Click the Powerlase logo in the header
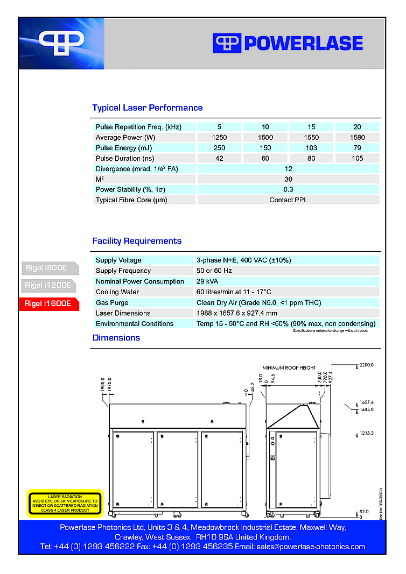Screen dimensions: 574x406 [288, 43]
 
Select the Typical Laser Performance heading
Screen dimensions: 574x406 [147, 108]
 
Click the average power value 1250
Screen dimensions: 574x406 [219, 137]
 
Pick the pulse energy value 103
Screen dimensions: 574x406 [311, 148]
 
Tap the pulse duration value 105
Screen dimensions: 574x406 [358, 158]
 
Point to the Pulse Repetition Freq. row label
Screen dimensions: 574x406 [138, 127]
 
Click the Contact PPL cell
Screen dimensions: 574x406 [288, 200]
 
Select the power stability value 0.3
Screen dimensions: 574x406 [288, 189]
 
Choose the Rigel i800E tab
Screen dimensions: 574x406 [48, 267]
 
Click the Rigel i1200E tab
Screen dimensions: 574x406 [48, 285]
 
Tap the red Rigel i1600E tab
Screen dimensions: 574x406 [48, 303]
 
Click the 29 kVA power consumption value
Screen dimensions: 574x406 [207, 281]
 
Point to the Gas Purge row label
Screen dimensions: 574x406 [112, 302]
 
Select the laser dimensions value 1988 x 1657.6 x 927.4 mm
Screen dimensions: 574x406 [237, 313]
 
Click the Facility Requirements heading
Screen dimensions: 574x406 [137, 241]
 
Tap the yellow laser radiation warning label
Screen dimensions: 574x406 [65, 504]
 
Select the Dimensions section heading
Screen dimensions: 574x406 [116, 338]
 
